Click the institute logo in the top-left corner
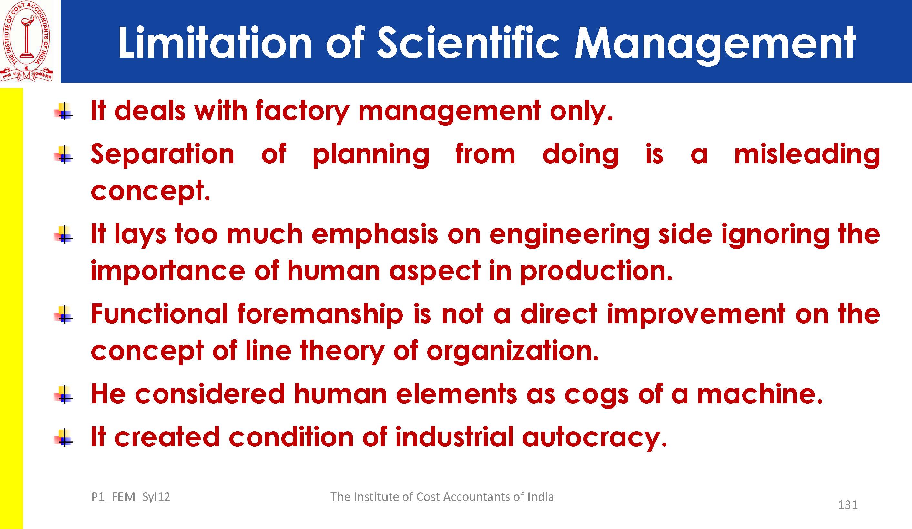(26, 41)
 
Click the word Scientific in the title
(468, 43)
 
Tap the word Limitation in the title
(215, 43)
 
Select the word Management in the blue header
(715, 45)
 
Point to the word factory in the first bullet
(302, 111)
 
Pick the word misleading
(807, 155)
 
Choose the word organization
(512, 351)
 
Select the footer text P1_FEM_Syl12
(131, 497)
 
